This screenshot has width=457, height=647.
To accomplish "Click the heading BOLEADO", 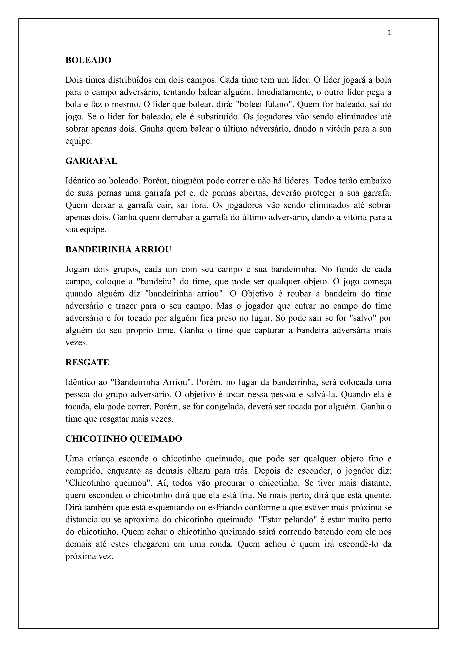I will pyautogui.click(x=88, y=60).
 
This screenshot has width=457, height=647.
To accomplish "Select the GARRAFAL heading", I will pyautogui.click(x=91, y=161).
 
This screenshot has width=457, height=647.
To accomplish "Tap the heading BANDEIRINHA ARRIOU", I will pyautogui.click(x=118, y=250).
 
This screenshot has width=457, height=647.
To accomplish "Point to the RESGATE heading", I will pyautogui.click(x=87, y=362).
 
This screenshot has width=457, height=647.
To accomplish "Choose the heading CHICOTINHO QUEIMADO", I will pyautogui.click(x=124, y=439).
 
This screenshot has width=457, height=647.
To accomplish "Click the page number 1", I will pyautogui.click(x=389, y=33).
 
